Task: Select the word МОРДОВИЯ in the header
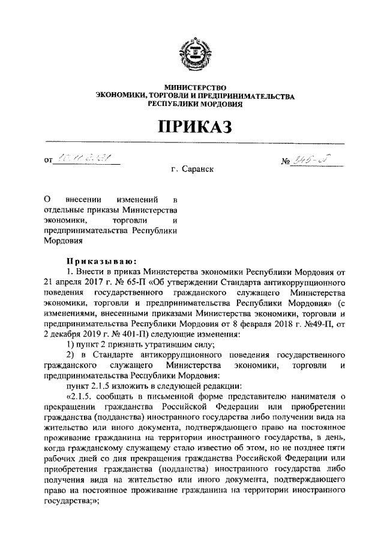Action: [218, 104]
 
